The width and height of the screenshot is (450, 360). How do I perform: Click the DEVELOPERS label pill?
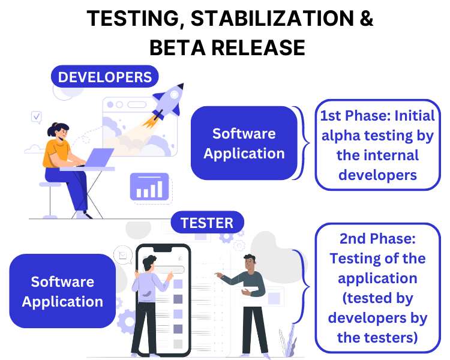pyautogui.click(x=105, y=77)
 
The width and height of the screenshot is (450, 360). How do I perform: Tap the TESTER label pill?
pyautogui.click(x=207, y=223)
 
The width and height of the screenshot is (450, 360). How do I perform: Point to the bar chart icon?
pyautogui.click(x=149, y=187)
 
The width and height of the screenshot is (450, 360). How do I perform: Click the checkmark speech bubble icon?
pyautogui.click(x=37, y=117)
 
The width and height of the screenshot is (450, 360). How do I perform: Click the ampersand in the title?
pyautogui.click(x=366, y=18)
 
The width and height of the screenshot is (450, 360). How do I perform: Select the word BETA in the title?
pyautogui.click(x=178, y=47)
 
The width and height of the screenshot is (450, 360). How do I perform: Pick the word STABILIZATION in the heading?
pyautogui.click(x=272, y=18)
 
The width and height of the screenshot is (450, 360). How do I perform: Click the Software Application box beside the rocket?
pyautogui.click(x=244, y=143)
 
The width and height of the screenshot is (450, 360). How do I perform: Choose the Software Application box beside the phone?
pyautogui.click(x=62, y=291)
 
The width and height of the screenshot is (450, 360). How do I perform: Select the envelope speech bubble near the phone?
pyautogui.click(x=123, y=255)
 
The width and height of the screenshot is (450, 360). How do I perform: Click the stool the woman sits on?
pyautogui.click(x=50, y=200)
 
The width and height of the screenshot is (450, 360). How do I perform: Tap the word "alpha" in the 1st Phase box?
pyautogui.click(x=341, y=136)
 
